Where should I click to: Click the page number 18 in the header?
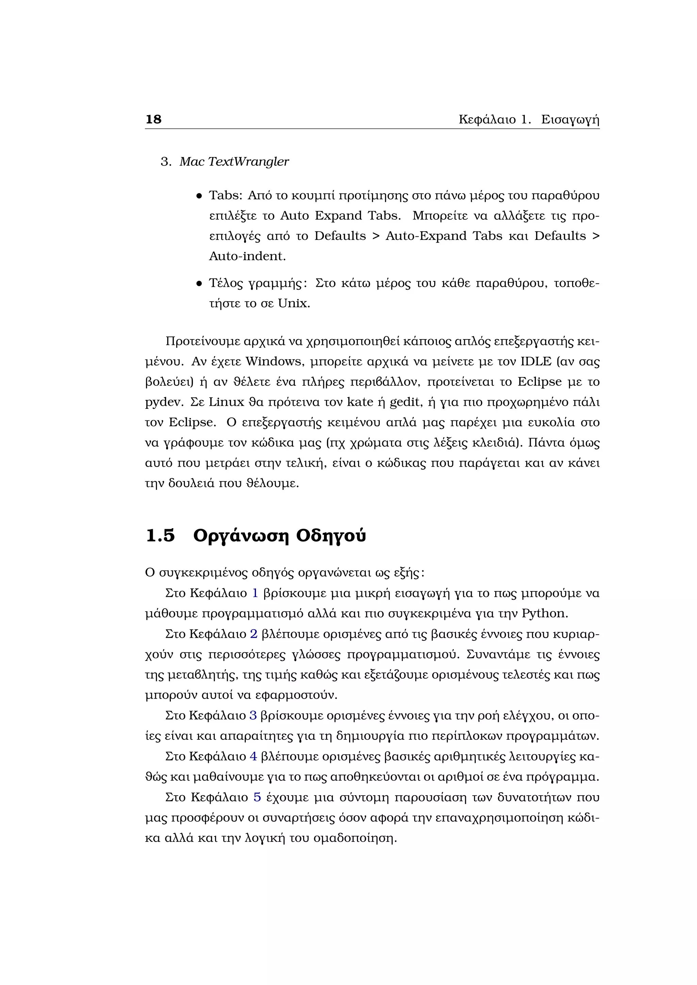tap(153, 119)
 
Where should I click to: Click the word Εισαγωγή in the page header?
tap(570, 120)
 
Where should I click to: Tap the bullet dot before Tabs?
tap(199, 196)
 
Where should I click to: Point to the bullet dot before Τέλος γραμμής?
tap(199, 284)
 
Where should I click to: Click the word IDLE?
tap(536, 362)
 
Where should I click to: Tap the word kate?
tap(360, 402)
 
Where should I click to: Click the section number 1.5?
tap(161, 536)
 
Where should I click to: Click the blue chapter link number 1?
tap(255, 593)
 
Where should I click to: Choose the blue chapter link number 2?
tap(254, 634)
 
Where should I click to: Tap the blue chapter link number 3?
tap(253, 716)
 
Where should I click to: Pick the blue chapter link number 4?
tap(253, 756)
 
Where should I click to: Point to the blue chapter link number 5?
tap(257, 797)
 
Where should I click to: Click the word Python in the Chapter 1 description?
tap(544, 614)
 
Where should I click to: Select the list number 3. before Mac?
tap(166, 162)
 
